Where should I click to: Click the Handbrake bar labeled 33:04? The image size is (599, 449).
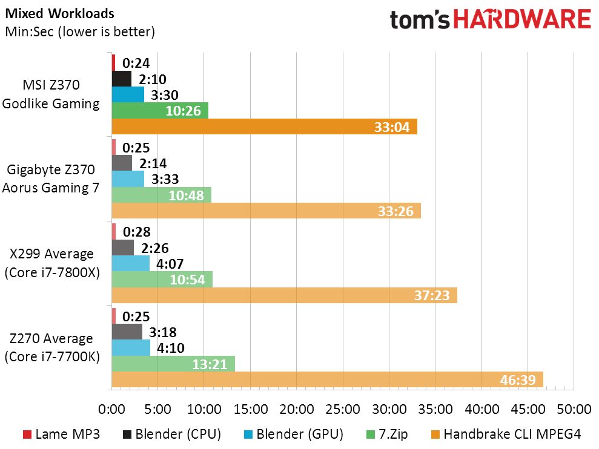tap(264, 126)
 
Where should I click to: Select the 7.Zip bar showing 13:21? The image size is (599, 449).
tap(173, 364)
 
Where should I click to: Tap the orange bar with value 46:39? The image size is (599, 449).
tap(328, 379)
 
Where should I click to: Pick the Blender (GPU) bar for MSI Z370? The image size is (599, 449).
tap(128, 94)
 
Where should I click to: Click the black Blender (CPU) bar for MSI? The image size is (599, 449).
tap(122, 79)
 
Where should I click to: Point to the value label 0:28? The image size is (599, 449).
tap(137, 232)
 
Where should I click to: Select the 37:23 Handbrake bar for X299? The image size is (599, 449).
tap(285, 295)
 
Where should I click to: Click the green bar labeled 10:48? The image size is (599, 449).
tap(162, 195)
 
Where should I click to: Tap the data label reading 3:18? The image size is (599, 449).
tap(163, 332)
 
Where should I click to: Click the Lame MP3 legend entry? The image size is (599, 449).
tap(62, 434)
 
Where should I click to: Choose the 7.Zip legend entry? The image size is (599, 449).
tap(387, 434)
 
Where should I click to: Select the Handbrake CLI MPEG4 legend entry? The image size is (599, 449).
tap(506, 434)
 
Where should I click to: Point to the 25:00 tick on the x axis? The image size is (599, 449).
tap(343, 409)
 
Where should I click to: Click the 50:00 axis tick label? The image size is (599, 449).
tap(574, 409)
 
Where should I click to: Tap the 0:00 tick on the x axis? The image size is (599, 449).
tap(111, 409)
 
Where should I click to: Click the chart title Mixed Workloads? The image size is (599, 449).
tap(59, 13)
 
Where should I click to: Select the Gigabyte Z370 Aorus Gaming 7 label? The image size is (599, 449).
tap(51, 179)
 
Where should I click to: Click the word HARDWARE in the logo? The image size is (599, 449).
tap(523, 19)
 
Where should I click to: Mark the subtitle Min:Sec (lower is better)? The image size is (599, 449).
tap(80, 31)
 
